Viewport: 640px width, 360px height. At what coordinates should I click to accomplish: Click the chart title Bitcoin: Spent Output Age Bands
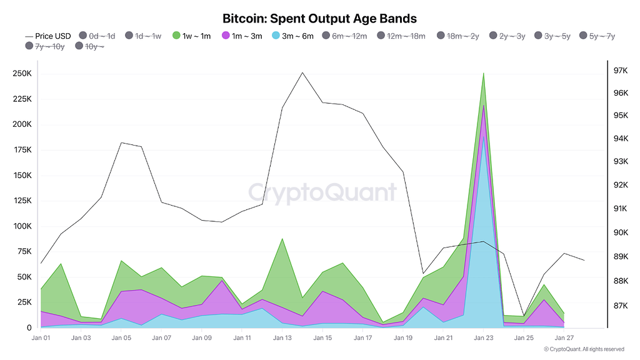click(319, 19)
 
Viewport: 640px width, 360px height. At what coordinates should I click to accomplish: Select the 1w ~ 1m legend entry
click(192, 36)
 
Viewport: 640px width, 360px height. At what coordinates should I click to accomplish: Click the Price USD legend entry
click(47, 36)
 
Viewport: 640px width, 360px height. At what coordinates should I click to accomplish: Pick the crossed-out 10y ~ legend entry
click(91, 46)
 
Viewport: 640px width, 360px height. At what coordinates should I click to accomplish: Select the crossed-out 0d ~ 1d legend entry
click(97, 36)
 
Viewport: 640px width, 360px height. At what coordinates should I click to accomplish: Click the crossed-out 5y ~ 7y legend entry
click(597, 36)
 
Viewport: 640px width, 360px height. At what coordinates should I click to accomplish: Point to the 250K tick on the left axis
click(22, 74)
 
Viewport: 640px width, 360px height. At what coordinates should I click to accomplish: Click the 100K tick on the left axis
click(22, 226)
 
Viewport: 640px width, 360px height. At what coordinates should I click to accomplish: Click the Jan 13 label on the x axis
click(282, 338)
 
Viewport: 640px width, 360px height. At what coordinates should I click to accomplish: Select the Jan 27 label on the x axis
click(564, 338)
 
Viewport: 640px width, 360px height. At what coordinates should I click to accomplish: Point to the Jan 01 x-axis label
click(41, 338)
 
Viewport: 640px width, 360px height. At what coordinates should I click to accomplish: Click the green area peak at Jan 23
click(483, 74)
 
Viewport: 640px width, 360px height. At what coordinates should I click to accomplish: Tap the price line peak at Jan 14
click(302, 72)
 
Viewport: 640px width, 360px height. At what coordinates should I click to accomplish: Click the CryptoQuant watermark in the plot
click(322, 192)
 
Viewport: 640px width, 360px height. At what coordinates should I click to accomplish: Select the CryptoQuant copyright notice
click(583, 349)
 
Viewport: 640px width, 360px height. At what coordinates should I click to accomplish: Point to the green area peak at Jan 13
click(282, 239)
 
